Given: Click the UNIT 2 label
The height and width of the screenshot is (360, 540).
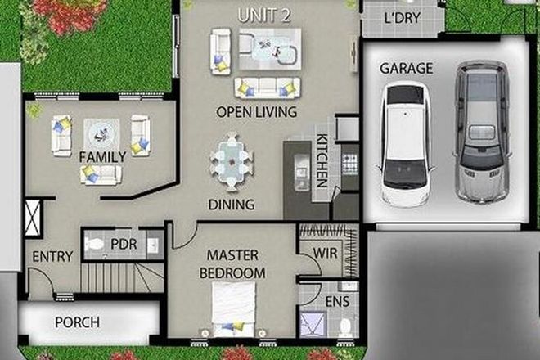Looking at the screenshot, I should tap(263, 15).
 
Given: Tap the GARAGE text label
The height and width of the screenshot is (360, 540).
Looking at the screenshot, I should tap(406, 69).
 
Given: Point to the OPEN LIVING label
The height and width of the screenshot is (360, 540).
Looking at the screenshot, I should tap(256, 111).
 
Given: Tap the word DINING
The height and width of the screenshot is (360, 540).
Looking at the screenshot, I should tap(232, 205).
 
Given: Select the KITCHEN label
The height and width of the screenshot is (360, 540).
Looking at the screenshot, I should tap(322, 161).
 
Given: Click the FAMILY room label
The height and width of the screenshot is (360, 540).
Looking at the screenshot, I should tap(102, 156).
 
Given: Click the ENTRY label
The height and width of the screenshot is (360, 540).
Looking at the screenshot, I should tap(52, 257).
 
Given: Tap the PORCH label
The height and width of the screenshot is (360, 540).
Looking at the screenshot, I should tap(77, 322).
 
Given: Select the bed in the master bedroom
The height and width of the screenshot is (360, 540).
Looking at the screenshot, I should tap(234, 306).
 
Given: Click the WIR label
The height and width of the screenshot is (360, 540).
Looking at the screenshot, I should tap(325, 254).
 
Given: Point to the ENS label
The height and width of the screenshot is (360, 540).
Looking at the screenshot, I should tap(337, 302).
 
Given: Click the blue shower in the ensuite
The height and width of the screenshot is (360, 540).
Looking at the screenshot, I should tap(312, 325).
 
